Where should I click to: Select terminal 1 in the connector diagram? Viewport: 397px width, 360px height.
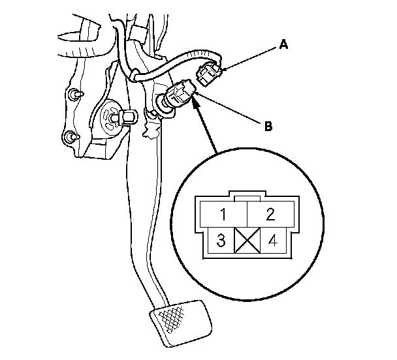point(223,214)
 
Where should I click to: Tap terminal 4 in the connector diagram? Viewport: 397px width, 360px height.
point(272,241)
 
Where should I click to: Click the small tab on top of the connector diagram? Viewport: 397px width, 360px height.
point(247,197)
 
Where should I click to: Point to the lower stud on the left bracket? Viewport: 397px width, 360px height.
point(69,138)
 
